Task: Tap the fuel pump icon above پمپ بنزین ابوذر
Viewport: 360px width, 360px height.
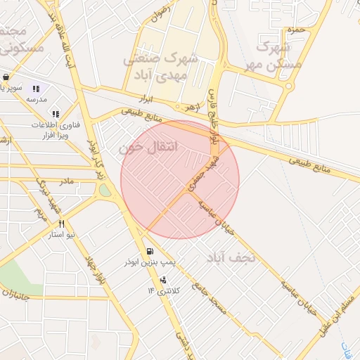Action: click(149, 252)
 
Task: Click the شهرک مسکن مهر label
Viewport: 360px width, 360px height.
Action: click(274, 56)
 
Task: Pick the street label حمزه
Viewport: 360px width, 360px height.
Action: click(295, 30)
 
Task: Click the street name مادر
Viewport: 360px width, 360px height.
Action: click(65, 181)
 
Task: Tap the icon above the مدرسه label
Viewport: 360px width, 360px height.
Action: click(36, 89)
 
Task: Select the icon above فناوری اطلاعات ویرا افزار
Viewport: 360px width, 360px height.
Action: click(56, 113)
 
